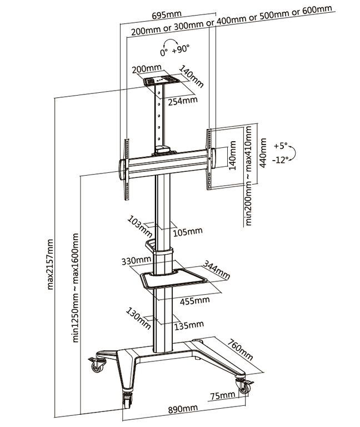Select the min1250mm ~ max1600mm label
pyautogui.click(x=76, y=289)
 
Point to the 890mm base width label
pyautogui.click(x=183, y=409)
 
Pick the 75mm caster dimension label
pyautogui.click(x=223, y=395)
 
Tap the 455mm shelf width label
pyautogui.click(x=194, y=300)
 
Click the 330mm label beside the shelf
pyautogui.click(x=137, y=260)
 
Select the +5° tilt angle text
pyautogui.click(x=281, y=146)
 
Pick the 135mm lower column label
pyautogui.click(x=189, y=324)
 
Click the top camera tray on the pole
pyautogui.click(x=159, y=81)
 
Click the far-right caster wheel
pyautogui.click(x=243, y=385)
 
